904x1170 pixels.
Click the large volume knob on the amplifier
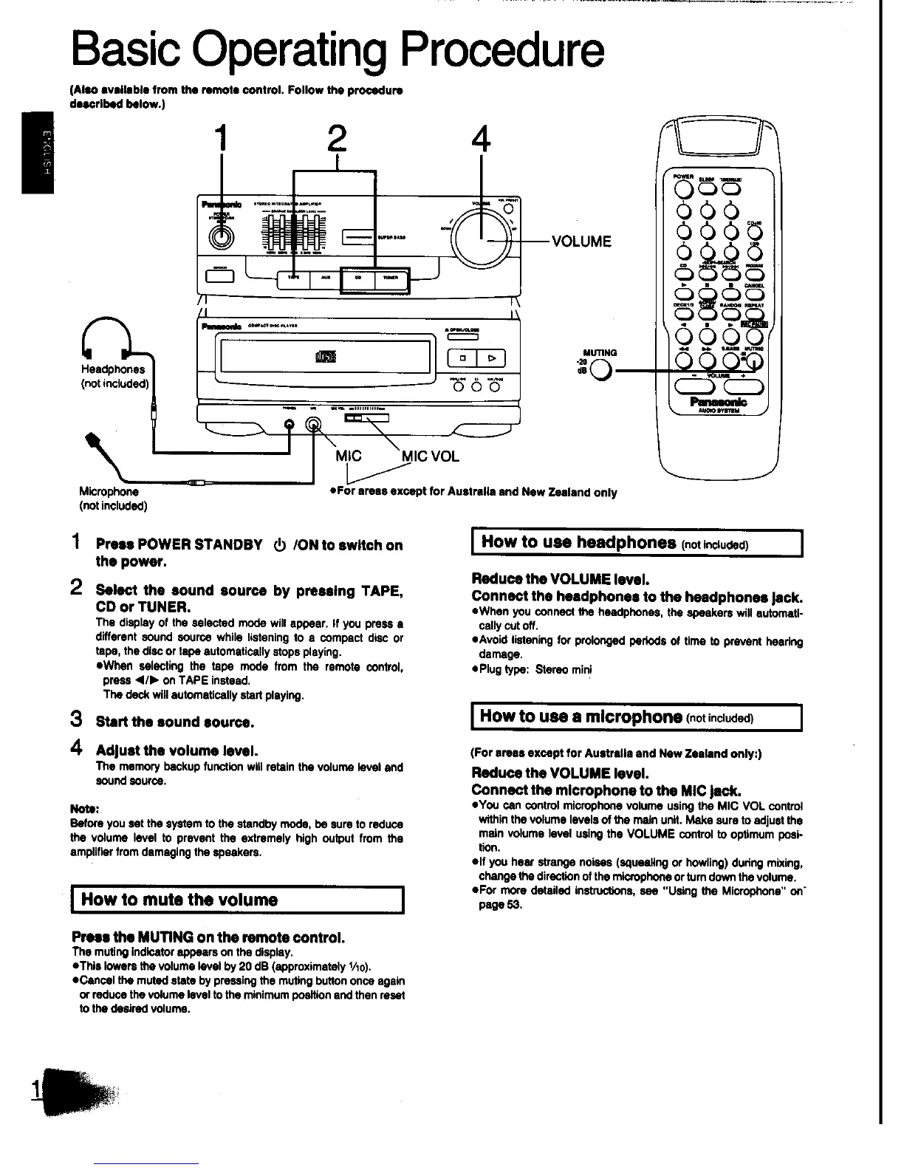coord(482,237)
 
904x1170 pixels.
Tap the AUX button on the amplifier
coord(325,278)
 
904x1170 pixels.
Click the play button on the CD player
coord(493,358)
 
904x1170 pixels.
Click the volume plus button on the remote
coord(744,387)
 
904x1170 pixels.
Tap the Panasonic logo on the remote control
coord(717,402)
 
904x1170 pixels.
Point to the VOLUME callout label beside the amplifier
coord(581,242)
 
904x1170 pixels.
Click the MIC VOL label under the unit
coord(429,456)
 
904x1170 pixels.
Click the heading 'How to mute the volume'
coord(179,900)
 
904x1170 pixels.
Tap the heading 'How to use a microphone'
coord(581,716)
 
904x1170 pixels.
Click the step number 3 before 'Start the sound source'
coord(75,719)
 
